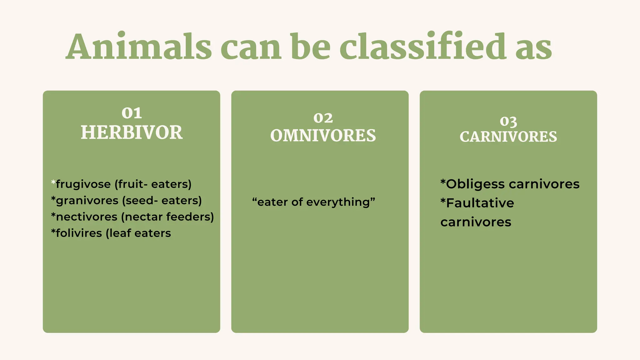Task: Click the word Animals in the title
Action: [139, 47]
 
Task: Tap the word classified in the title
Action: [423, 47]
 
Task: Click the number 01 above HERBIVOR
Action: [132, 113]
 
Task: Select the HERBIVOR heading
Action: [132, 132]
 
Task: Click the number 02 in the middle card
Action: [323, 118]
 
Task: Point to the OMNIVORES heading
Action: [323, 136]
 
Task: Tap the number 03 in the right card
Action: [508, 121]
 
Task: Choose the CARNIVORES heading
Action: [508, 137]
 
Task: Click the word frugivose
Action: [83, 184]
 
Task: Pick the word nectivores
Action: [87, 217]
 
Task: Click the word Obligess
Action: [475, 184]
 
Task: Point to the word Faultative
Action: [480, 203]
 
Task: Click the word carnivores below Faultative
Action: [476, 222]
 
